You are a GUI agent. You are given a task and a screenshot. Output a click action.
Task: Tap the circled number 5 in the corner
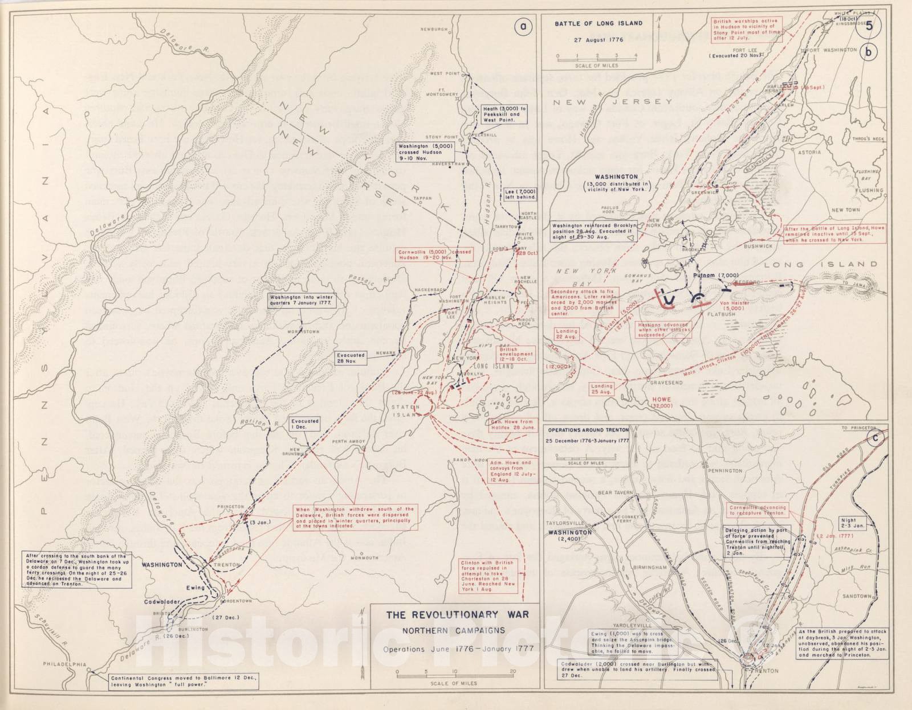[x=869, y=25]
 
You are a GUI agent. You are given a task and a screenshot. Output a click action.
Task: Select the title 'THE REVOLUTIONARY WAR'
[x=457, y=614]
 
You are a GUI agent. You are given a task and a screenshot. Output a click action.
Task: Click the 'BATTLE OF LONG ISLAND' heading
[x=598, y=23]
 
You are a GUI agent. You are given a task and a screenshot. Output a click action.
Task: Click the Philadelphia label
[x=67, y=664]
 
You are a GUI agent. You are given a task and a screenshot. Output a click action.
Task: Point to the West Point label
[x=445, y=73]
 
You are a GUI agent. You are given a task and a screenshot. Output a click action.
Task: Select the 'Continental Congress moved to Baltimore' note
[x=185, y=682]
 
